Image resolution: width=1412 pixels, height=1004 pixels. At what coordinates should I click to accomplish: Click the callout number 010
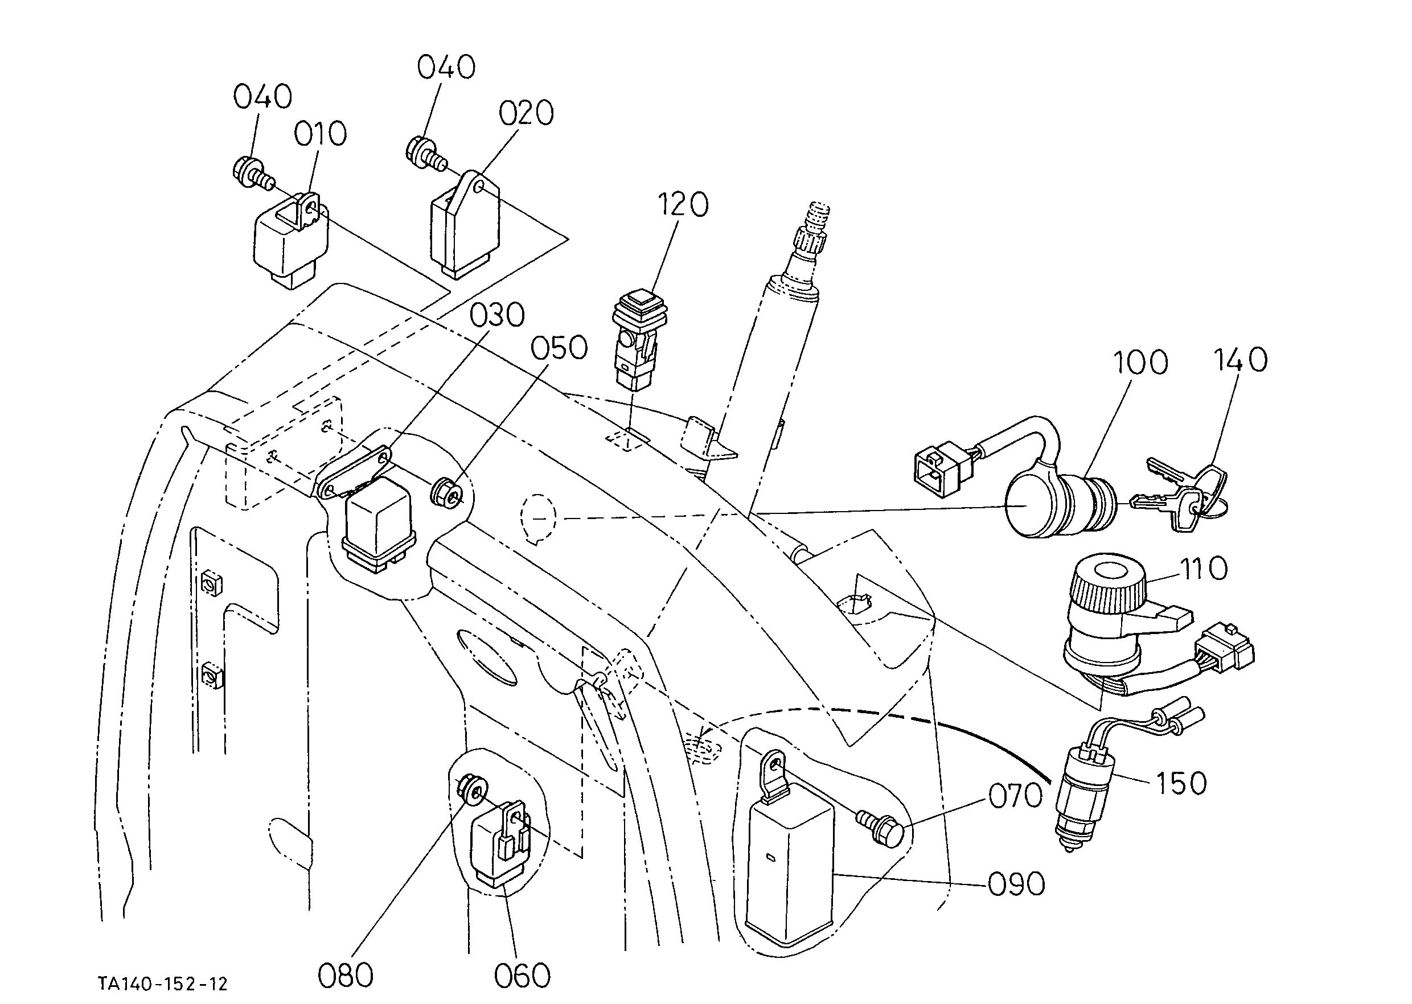[x=321, y=134]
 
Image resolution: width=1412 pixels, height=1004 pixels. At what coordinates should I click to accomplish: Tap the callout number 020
[x=526, y=113]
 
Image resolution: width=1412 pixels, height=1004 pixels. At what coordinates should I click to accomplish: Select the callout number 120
[x=682, y=205]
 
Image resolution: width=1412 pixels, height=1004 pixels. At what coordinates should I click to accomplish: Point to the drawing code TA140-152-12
[x=163, y=983]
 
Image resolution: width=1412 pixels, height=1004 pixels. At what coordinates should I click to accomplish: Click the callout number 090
[x=1017, y=884]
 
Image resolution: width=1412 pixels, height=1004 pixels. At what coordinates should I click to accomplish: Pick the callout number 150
[x=1181, y=783]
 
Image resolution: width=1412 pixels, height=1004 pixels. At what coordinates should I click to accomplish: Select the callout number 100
[x=1140, y=363]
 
